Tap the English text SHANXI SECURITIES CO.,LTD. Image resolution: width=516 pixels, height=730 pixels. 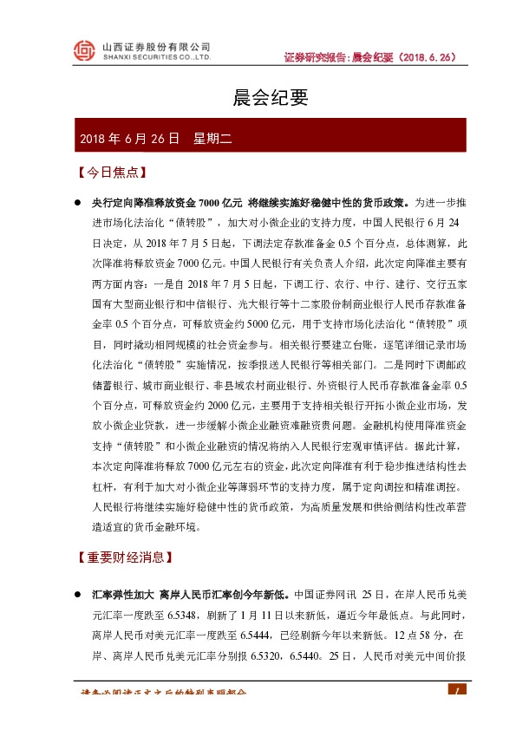(x=157, y=59)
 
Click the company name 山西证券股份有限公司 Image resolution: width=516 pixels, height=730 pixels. (x=157, y=46)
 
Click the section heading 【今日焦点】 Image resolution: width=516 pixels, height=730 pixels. (x=109, y=173)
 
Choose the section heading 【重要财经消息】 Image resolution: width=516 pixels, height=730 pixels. (x=127, y=556)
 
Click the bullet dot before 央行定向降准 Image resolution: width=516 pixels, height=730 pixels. (x=77, y=203)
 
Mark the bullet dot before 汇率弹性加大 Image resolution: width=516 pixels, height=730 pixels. (x=77, y=596)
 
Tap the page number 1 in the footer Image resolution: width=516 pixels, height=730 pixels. (x=451, y=691)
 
